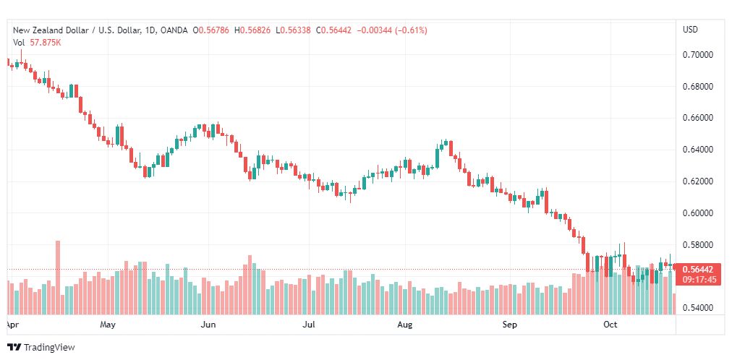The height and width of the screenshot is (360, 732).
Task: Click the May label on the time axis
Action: tap(107, 325)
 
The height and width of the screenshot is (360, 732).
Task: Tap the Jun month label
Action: tap(208, 325)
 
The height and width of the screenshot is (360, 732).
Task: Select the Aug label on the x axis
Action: tap(405, 325)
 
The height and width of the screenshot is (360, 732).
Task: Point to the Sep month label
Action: tap(510, 325)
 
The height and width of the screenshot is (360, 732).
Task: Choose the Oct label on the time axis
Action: tap(610, 325)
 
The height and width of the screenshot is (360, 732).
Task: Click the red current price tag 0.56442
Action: tap(697, 270)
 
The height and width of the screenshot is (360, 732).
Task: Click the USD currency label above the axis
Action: tap(691, 30)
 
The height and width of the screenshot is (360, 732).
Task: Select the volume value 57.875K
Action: tap(46, 43)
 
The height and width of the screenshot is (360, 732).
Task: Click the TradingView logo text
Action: tap(49, 348)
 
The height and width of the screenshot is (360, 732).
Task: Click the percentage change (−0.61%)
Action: tap(412, 30)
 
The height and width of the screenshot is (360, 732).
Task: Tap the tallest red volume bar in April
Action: tap(58, 278)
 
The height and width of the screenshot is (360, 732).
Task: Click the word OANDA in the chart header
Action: tap(175, 30)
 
